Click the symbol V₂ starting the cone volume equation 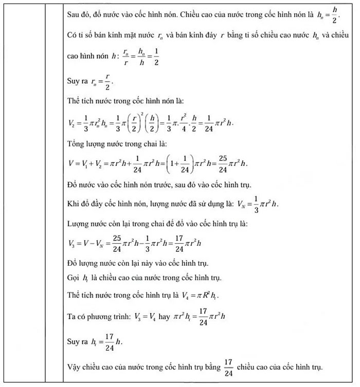72,123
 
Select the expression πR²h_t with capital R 209,296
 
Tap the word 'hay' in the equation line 165,317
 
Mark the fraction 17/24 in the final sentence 228,366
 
